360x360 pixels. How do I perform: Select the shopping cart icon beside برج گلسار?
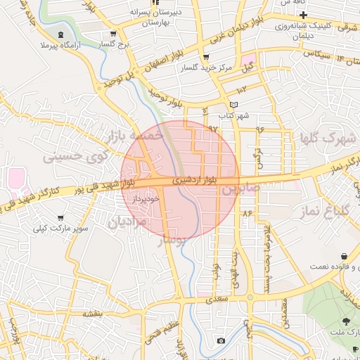tap(113, 34)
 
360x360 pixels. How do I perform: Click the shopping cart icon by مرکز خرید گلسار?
tap(205, 57)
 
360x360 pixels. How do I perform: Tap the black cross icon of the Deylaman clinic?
tap(302, 15)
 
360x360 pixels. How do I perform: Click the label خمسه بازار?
tap(134, 134)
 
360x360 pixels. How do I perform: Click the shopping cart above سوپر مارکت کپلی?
tap(61, 218)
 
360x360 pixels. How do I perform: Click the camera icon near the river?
tap(221, 341)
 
